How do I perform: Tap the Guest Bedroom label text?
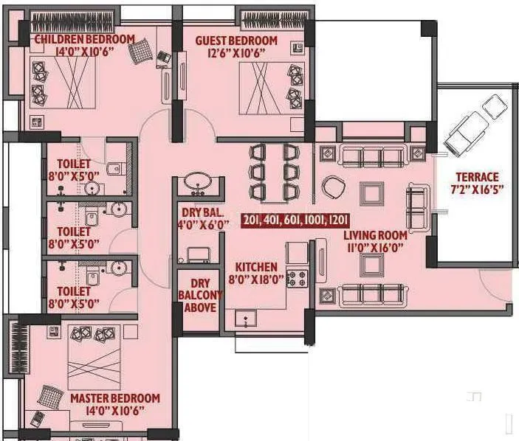click(x=236, y=41)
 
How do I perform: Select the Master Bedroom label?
click(x=114, y=398)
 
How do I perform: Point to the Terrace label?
click(x=476, y=177)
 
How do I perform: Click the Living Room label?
click(x=374, y=235)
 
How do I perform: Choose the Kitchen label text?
click(x=256, y=266)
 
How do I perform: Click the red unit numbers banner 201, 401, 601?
click(x=295, y=220)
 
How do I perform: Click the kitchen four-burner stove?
click(x=297, y=279)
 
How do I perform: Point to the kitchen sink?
click(x=246, y=319)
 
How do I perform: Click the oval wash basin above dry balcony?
click(x=196, y=182)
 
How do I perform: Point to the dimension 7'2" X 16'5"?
click(x=476, y=190)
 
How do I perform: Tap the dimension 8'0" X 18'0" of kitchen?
click(x=256, y=279)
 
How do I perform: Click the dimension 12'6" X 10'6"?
click(x=236, y=53)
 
